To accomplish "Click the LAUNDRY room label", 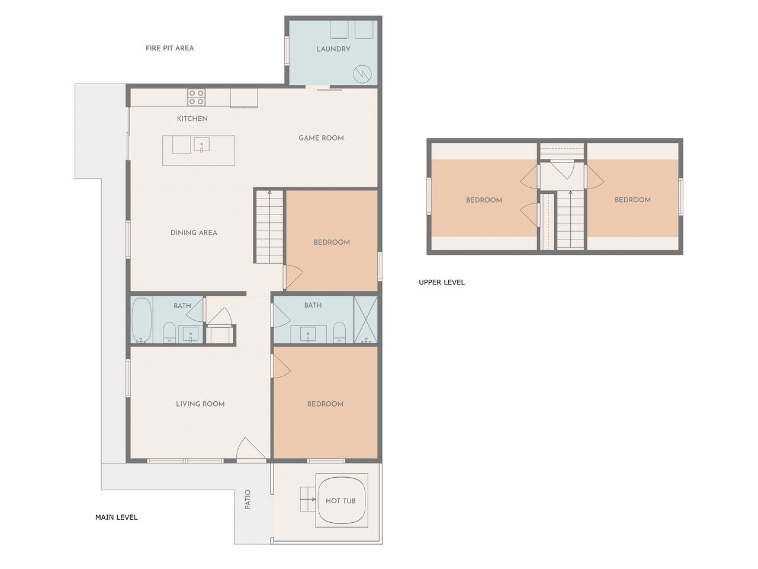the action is (x=333, y=49).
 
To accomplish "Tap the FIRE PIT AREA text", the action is (x=169, y=48).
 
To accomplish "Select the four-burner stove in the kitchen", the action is (x=197, y=97).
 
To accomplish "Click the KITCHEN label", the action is (x=192, y=119).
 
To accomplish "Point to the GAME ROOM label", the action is (x=321, y=138).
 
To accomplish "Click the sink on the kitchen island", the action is (x=201, y=145).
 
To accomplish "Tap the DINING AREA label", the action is (x=194, y=233).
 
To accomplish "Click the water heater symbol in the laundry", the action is (x=362, y=73).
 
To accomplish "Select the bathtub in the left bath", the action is (x=142, y=320).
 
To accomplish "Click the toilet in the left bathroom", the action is (x=169, y=333).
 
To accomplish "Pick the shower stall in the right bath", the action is (x=365, y=319).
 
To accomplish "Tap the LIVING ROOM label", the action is (x=200, y=404).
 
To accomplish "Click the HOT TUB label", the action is (x=341, y=501).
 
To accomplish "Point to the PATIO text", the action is (x=248, y=499).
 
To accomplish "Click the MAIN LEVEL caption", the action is (x=117, y=517).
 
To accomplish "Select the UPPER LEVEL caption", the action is (x=442, y=282).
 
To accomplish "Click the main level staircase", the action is (x=269, y=226).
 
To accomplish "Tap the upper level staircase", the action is (x=570, y=220).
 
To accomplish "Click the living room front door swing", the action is (x=250, y=449).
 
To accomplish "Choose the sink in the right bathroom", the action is (x=307, y=334).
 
